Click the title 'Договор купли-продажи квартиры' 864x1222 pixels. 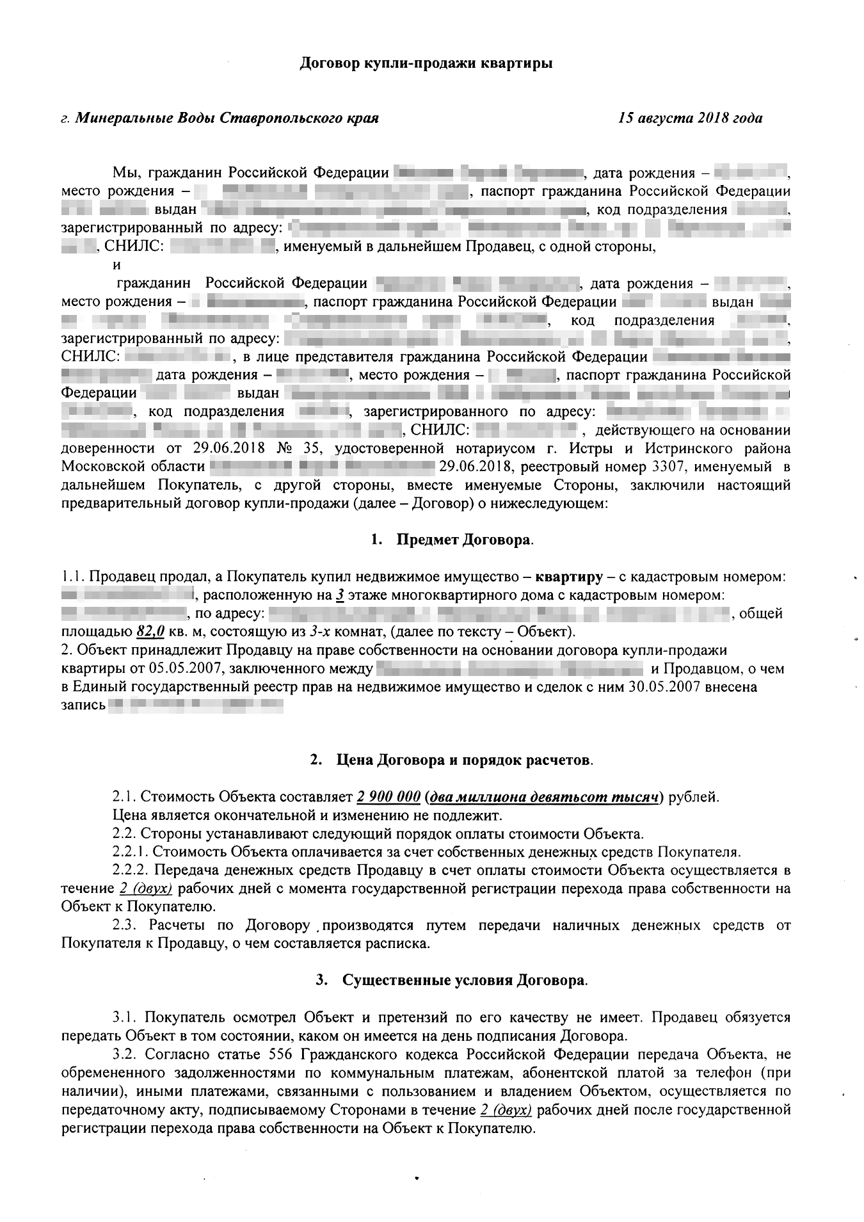426,63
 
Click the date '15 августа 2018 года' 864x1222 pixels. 690,118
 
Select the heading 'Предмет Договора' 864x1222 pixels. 464,539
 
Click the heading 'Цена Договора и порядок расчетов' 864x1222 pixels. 463,760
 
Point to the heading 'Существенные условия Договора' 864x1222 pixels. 463,980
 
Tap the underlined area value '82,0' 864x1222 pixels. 151,632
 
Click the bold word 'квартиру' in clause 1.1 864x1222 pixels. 569,577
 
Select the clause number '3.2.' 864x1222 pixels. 124,1054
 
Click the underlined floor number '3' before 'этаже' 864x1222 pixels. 340,595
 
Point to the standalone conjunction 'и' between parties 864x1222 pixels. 116,264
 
